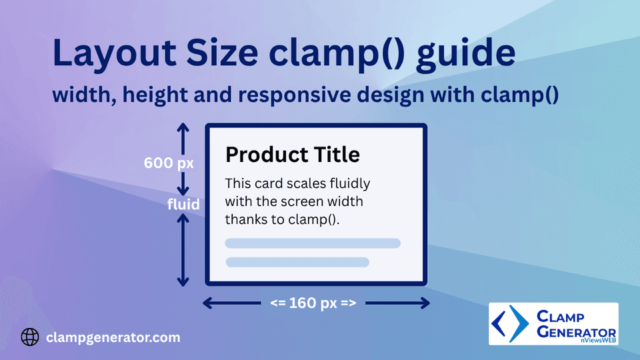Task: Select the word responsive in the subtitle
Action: pos(294,95)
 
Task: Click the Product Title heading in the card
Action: pos(293,155)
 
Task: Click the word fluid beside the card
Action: pos(183,204)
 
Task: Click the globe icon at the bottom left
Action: pos(30,337)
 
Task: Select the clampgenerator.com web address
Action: pos(113,337)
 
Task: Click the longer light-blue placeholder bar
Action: pos(313,243)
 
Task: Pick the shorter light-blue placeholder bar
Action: pos(297,262)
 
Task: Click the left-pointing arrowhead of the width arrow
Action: pos(207,303)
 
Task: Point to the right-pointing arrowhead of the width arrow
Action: pos(425,303)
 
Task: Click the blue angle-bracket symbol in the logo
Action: pos(510,324)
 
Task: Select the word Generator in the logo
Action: pos(576,332)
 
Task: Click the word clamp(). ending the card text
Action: pos(314,219)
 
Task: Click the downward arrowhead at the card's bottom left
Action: pos(183,281)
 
